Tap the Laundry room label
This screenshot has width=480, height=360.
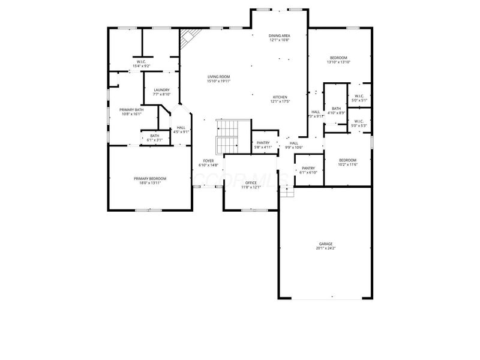pyautogui.click(x=161, y=92)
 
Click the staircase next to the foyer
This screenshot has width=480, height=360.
pyautogui.click(x=227, y=136)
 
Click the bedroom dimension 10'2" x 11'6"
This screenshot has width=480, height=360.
pyautogui.click(x=347, y=164)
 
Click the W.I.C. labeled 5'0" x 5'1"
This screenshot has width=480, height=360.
pyautogui.click(x=359, y=98)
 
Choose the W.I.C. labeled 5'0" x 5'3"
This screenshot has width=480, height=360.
pyautogui.click(x=359, y=124)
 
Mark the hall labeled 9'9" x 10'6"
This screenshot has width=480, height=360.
pyautogui.click(x=293, y=145)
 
